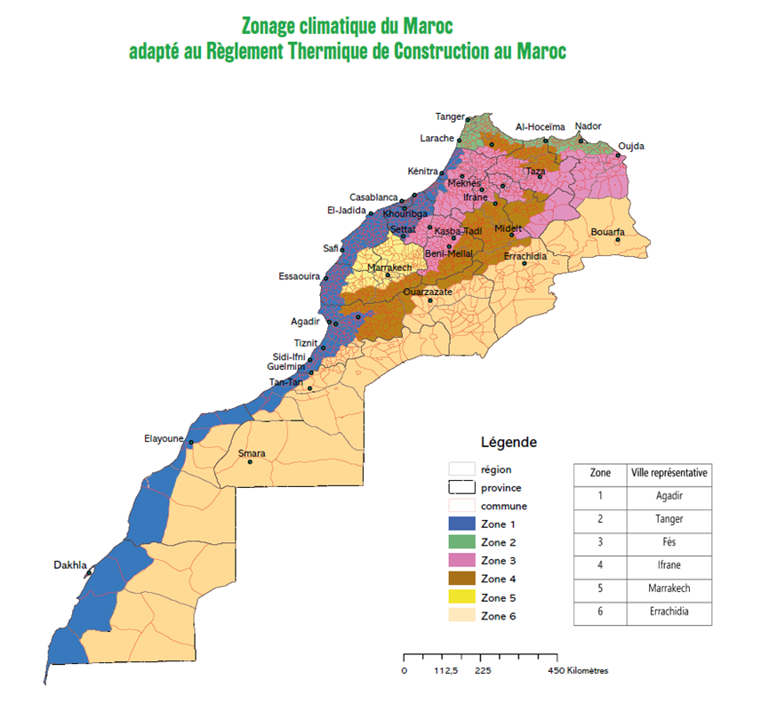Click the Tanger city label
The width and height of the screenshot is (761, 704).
tap(450, 116)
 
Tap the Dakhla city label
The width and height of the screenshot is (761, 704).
tap(70, 564)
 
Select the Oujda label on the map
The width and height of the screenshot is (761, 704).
tap(631, 146)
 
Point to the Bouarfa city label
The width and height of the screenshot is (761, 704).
tap(608, 232)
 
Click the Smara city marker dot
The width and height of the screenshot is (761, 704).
tap(251, 462)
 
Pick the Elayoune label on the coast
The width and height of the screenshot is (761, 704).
tap(164, 438)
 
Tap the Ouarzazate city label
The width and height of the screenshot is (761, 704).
tap(429, 292)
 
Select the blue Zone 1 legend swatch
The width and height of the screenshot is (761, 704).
tap(461, 524)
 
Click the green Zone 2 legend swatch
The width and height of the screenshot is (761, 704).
tap(461, 543)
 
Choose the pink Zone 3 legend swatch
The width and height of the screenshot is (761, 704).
tap(461, 562)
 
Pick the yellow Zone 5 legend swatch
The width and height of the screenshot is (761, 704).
tap(461, 598)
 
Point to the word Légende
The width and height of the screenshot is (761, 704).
tap(509, 442)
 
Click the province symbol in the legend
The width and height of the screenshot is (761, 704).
tap(461, 487)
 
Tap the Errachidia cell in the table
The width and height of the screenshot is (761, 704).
tap(669, 612)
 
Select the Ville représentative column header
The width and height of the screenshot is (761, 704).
tap(669, 473)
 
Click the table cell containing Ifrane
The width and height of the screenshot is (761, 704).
tap(669, 566)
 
